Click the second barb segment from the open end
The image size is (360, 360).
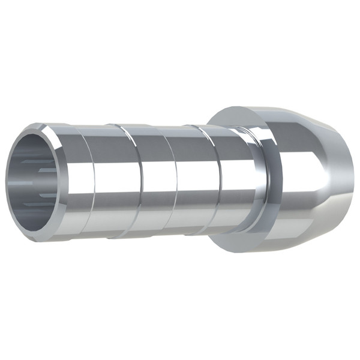(x=126, y=180)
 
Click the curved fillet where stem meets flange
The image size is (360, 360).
(x=255, y=180)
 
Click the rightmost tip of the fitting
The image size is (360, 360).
(x=353, y=180)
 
